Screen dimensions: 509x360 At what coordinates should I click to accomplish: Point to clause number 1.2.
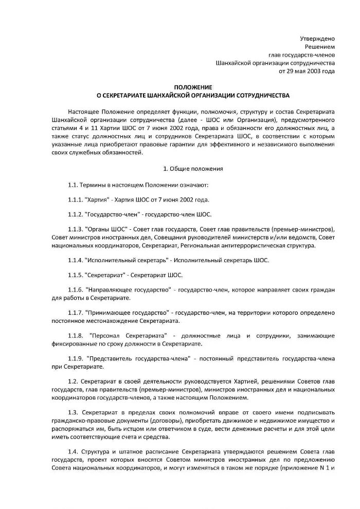point(73,381)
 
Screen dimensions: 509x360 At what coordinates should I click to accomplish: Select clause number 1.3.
point(73,413)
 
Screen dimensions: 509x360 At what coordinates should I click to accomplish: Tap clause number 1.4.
point(73,451)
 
